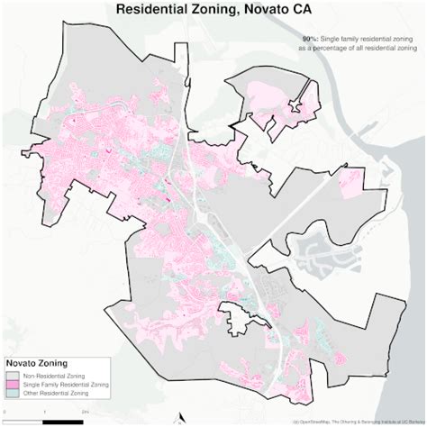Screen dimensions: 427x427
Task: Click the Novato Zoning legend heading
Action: tap(38, 364)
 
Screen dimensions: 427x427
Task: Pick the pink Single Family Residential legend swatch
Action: tap(12, 385)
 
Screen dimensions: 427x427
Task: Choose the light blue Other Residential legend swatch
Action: tap(12, 395)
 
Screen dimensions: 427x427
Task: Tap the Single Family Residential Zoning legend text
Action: tap(68, 385)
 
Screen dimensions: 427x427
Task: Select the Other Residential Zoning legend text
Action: tap(62, 395)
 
